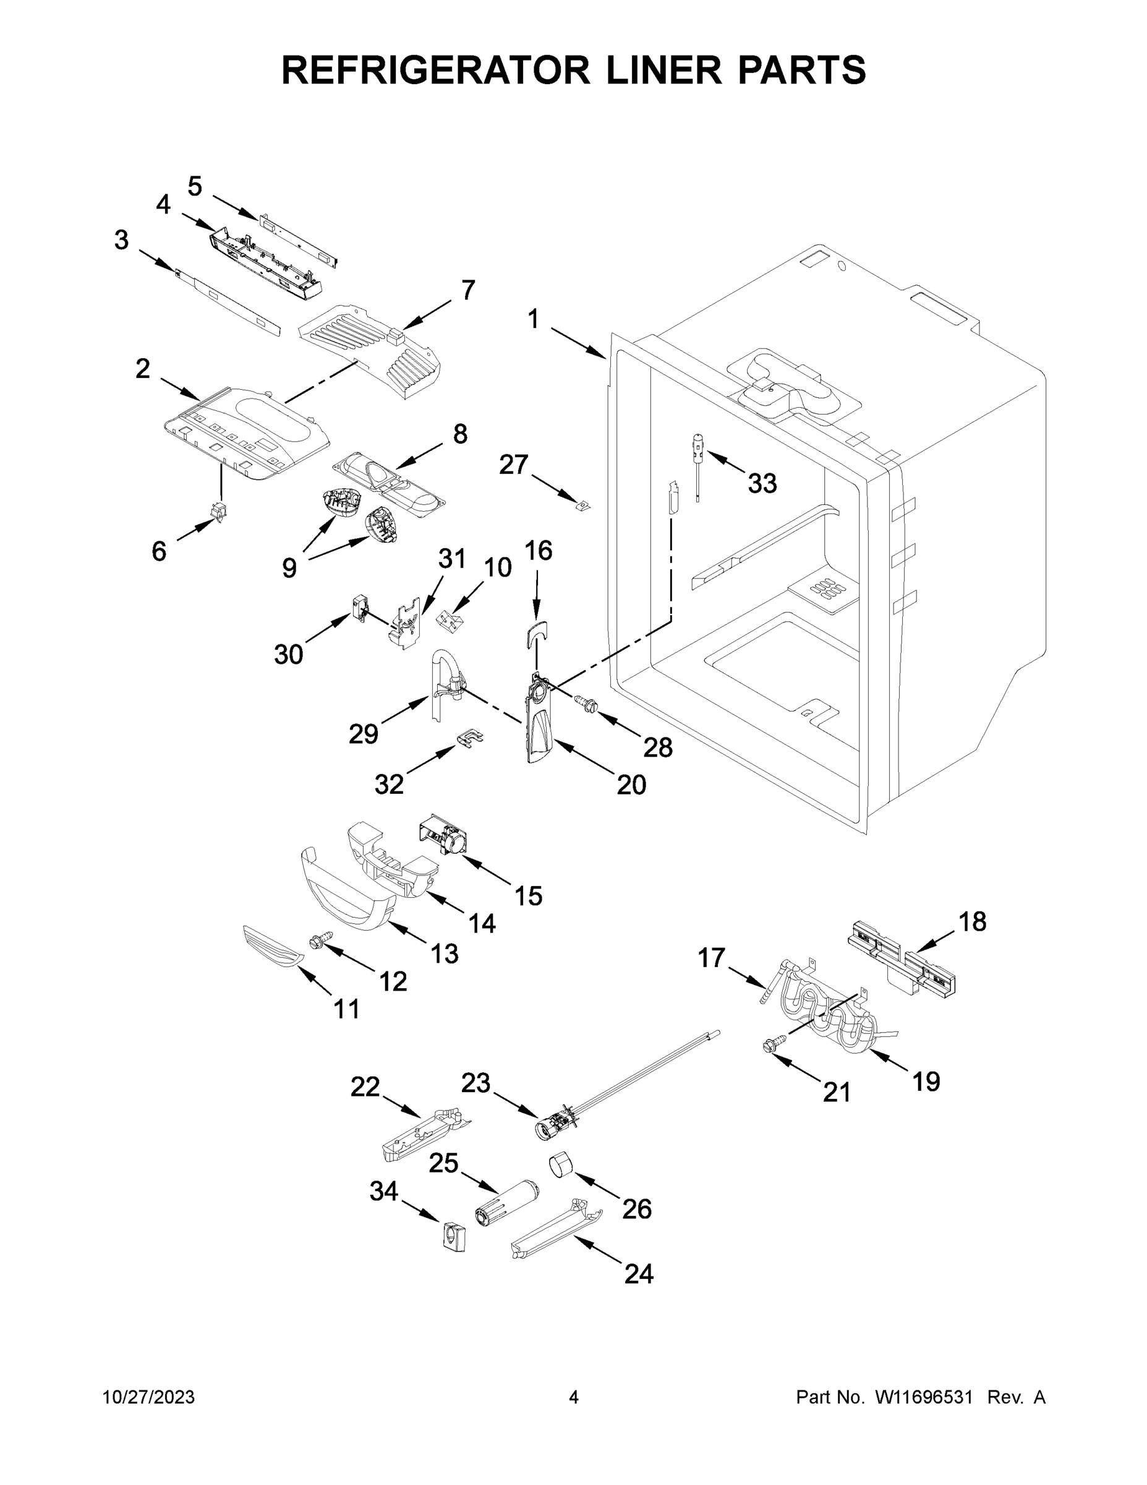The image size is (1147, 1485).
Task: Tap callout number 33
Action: [762, 483]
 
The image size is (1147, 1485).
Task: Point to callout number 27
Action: [513, 465]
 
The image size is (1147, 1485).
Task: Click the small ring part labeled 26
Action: [561, 1166]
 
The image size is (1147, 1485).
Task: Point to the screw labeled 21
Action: [774, 1044]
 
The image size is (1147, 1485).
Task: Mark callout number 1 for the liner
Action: [534, 319]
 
